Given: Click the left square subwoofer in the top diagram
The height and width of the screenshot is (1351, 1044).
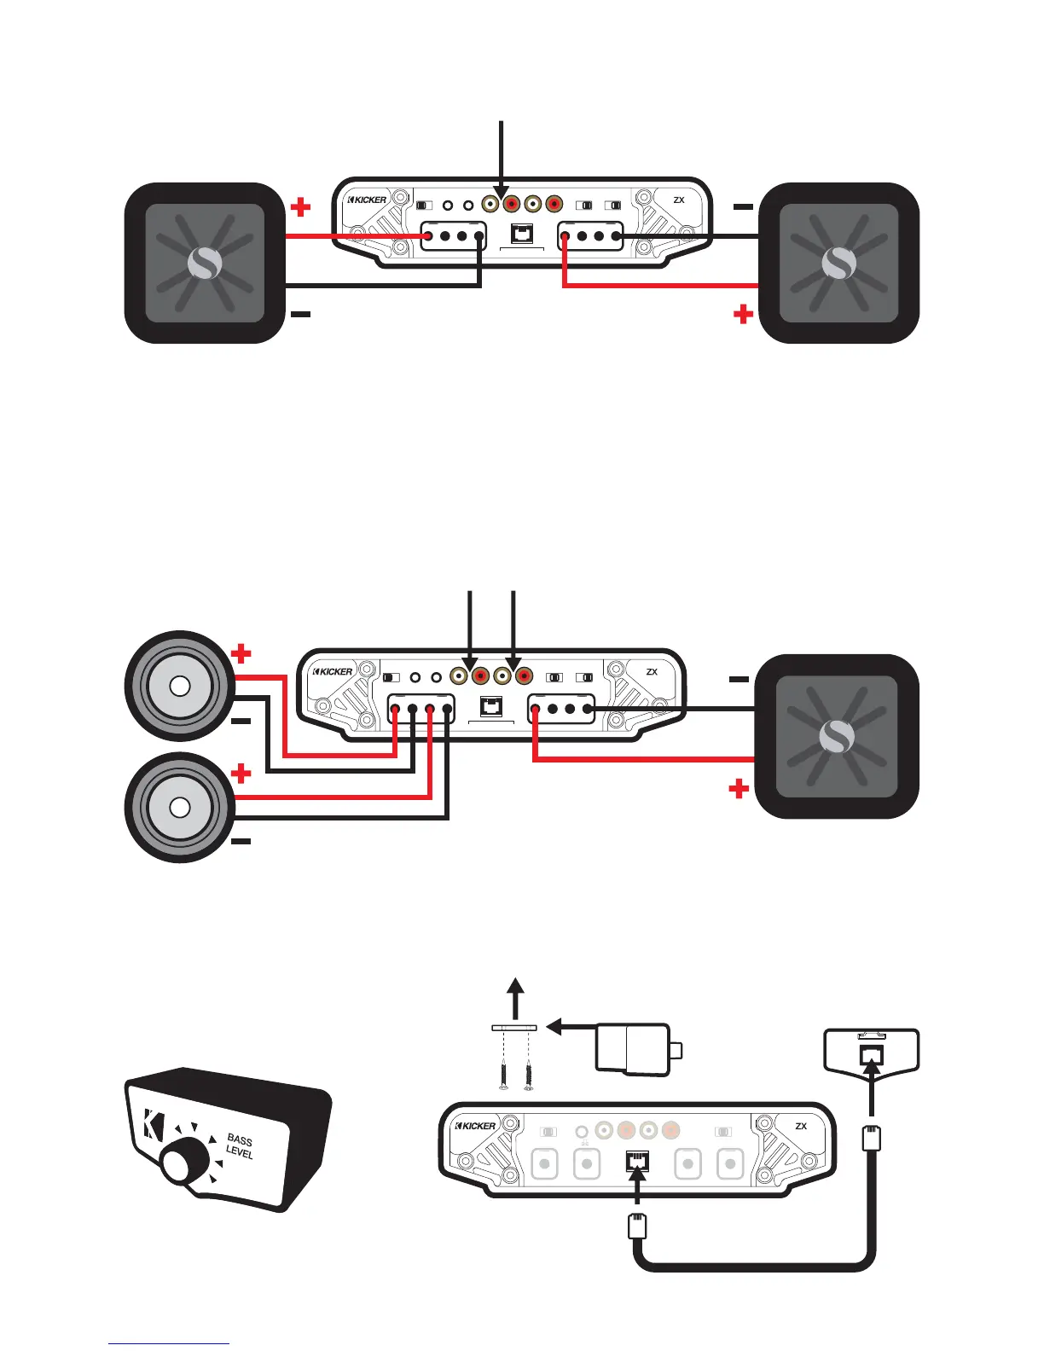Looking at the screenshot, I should [x=205, y=263].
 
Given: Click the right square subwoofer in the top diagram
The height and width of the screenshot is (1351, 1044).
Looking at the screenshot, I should [x=838, y=263].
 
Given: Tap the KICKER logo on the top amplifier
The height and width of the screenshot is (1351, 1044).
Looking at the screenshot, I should [x=368, y=200].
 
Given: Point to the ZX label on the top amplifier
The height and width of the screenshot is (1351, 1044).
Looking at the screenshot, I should [x=679, y=200].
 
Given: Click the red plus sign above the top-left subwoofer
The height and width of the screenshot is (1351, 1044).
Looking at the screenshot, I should [x=300, y=206].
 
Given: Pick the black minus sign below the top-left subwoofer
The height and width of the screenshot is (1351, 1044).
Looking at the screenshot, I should [x=300, y=315].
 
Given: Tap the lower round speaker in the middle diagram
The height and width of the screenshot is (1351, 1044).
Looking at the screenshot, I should [x=179, y=807].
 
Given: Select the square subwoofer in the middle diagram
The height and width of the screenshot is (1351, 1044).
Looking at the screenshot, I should [x=837, y=736].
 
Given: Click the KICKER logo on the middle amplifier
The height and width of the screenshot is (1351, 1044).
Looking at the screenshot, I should [x=333, y=671].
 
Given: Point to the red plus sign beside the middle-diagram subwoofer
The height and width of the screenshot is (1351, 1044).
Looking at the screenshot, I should [x=739, y=789].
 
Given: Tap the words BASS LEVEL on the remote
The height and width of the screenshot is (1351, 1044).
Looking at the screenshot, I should [x=240, y=1146].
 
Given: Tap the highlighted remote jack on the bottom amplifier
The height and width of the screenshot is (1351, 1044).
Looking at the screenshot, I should [x=637, y=1161].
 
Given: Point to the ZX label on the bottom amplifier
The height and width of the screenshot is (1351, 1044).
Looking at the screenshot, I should [x=801, y=1127].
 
